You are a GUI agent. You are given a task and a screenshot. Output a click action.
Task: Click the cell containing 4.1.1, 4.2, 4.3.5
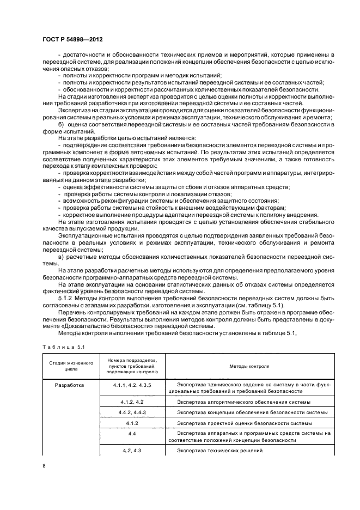131,385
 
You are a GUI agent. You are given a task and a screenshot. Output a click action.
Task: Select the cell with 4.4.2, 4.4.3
132,412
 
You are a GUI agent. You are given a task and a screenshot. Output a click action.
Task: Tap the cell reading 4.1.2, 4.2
132,402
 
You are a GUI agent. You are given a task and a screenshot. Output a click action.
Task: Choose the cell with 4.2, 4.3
132,451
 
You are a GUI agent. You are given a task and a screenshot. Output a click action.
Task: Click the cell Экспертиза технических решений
212,451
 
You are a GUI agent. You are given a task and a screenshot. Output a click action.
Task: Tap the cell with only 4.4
132,434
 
